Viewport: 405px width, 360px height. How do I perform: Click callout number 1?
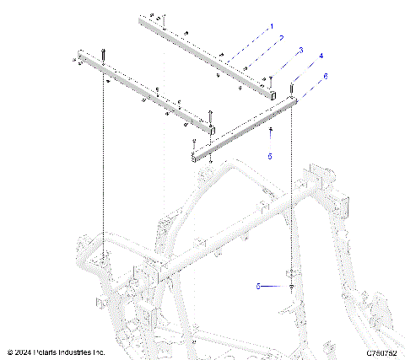coord(273,27)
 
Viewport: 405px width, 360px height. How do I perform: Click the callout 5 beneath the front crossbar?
coord(270,155)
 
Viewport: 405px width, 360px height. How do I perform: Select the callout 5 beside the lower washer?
coord(258,287)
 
